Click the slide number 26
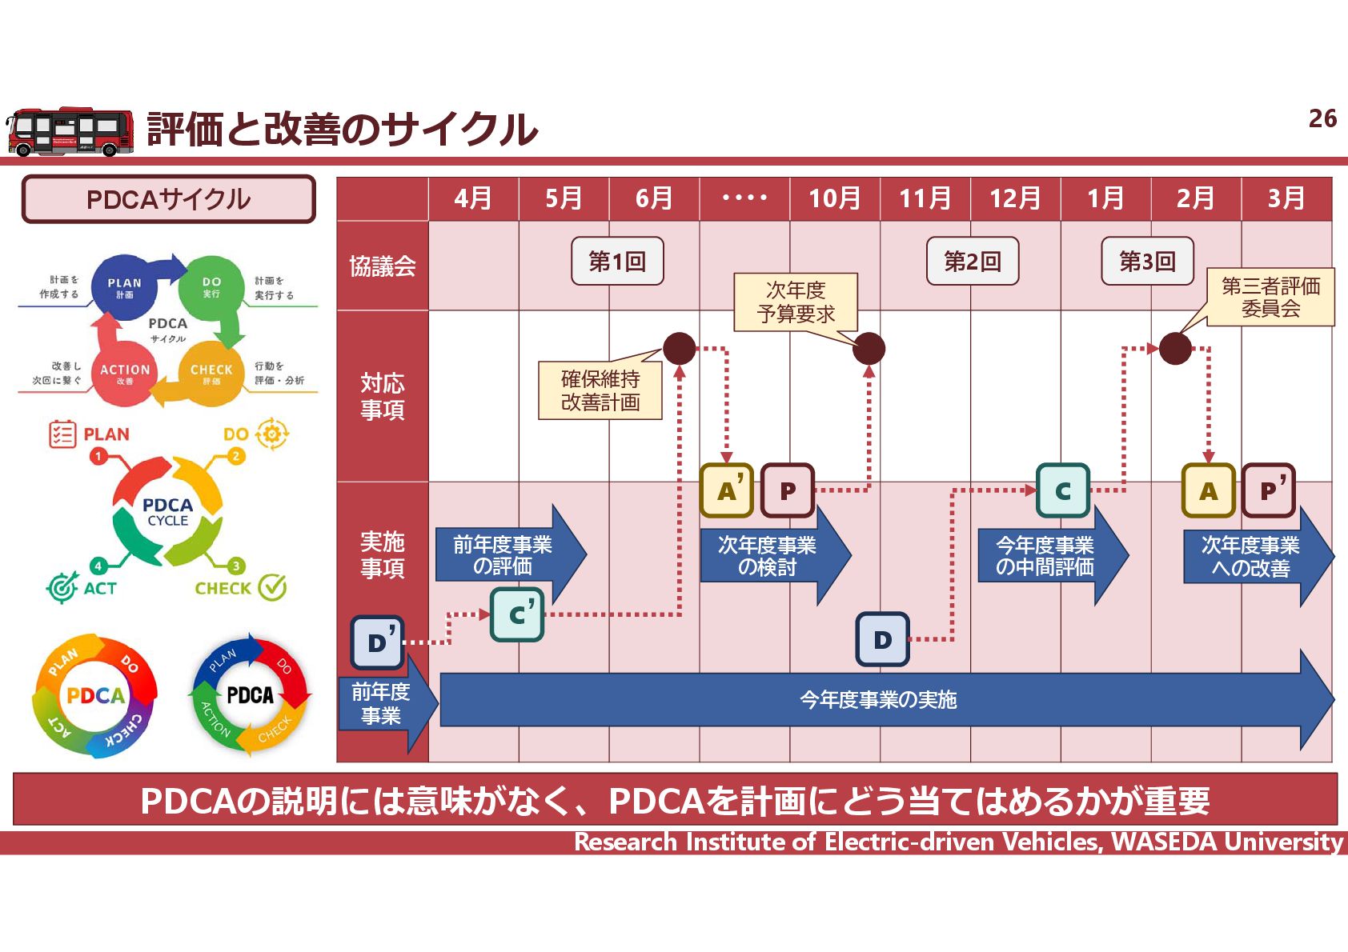[x=1322, y=118]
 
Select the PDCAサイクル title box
[x=168, y=199]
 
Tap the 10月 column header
[x=834, y=198]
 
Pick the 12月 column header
[x=1015, y=198]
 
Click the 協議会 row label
[x=382, y=266]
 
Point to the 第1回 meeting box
[x=617, y=261]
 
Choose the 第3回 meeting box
[x=1147, y=261]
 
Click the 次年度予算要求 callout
[x=796, y=302]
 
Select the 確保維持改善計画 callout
[x=600, y=390]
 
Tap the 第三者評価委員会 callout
[x=1270, y=297]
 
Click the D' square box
[x=377, y=642]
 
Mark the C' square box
[x=517, y=614]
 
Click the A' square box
[x=727, y=490]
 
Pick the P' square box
[x=1269, y=490]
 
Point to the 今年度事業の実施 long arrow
[x=878, y=700]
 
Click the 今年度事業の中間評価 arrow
[x=1045, y=556]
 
